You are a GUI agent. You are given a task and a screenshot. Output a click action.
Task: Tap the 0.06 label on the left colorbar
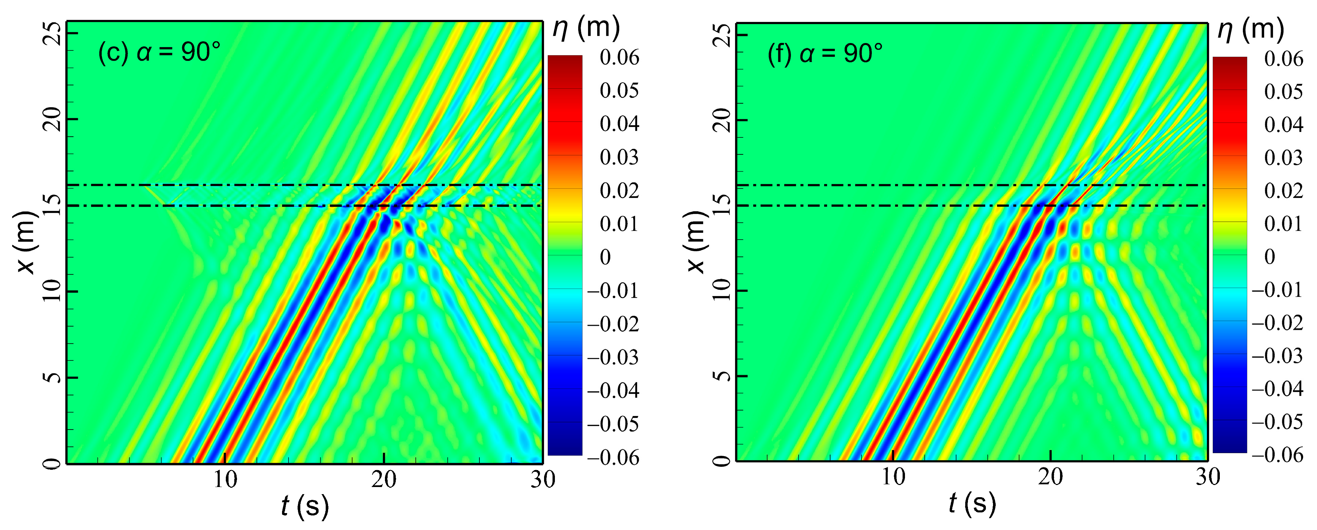619,58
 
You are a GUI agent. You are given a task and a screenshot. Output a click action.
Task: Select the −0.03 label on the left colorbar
612,357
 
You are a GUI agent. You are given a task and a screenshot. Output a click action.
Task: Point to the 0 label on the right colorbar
1270,257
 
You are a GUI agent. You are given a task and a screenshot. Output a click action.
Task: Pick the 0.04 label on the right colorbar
1283,125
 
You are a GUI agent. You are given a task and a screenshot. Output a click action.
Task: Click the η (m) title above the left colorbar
586,28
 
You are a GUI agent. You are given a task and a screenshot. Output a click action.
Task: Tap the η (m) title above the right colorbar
1251,30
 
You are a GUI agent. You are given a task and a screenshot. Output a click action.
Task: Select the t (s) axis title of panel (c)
305,506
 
